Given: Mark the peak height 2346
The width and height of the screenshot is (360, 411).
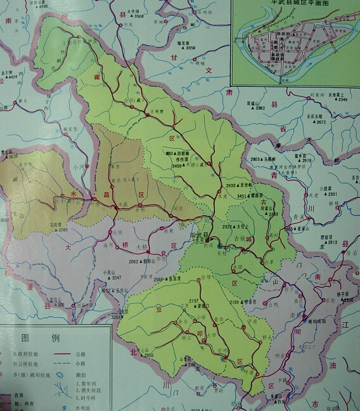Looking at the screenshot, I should pyautogui.click(x=342, y=100).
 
